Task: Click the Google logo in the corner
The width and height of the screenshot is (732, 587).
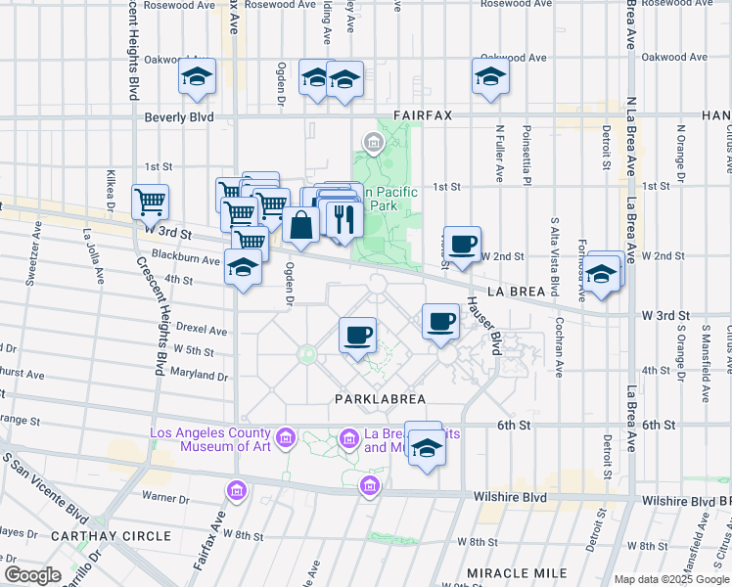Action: [32, 574]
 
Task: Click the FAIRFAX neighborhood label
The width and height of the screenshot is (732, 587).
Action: [423, 115]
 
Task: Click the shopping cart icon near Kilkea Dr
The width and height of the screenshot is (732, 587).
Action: [150, 203]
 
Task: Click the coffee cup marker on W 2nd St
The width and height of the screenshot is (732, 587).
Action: [463, 244]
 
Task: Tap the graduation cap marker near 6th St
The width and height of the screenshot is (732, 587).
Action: [426, 448]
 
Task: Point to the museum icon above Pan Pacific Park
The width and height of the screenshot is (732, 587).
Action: [373, 145]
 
